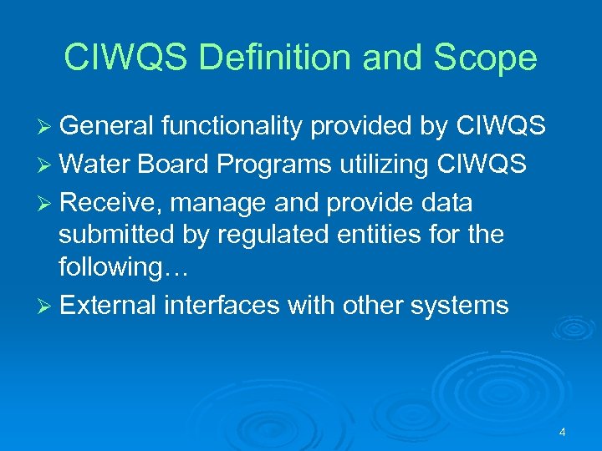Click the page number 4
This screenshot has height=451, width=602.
562,432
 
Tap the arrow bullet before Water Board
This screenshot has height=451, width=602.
47,165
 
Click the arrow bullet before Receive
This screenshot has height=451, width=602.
47,203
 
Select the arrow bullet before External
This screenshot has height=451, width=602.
47,306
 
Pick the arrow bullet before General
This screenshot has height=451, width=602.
47,126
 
